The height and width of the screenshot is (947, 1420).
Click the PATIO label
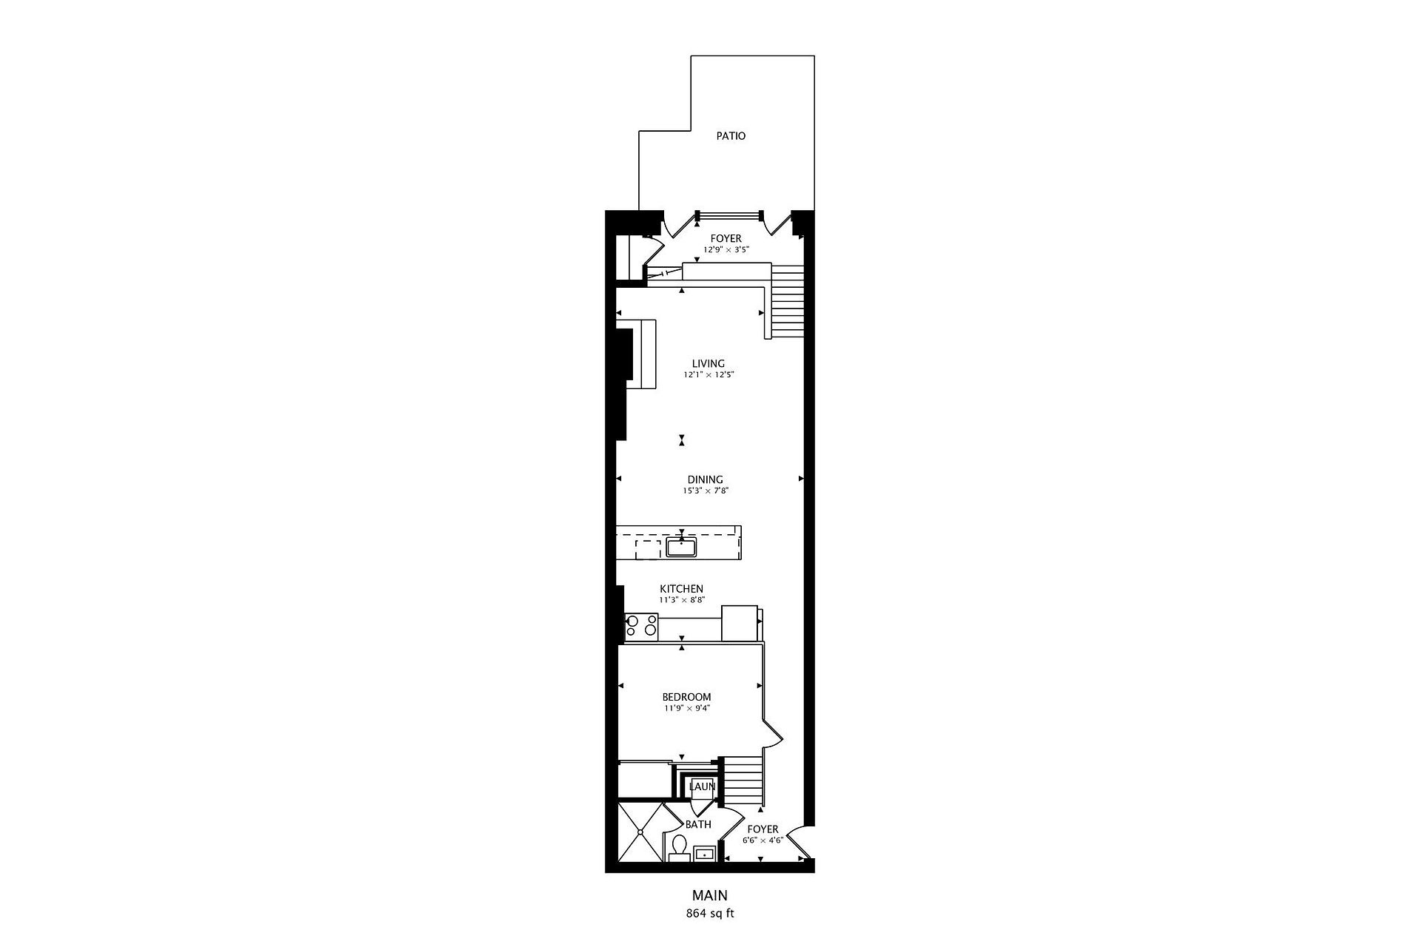pos(731,136)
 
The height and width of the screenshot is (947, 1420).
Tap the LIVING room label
pos(708,363)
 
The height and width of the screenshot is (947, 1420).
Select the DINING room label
pos(705,479)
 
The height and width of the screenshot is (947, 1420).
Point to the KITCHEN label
pos(681,589)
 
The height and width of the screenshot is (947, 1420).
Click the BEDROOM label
pos(686,697)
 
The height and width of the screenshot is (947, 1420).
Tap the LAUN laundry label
pos(702,786)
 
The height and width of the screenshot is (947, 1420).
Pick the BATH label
pos(698,824)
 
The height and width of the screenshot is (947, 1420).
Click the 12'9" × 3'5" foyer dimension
pos(726,250)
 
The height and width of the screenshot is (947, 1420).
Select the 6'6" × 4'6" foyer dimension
pos(763,840)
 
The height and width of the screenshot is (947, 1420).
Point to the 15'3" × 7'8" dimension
pos(706,491)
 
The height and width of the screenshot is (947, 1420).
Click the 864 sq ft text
pos(710,913)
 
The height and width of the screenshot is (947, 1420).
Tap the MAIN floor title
pos(710,896)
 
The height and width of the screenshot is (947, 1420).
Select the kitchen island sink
pos(681,547)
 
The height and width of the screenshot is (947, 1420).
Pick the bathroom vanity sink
pos(706,854)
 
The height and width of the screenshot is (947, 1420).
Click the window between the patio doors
pos(729,215)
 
